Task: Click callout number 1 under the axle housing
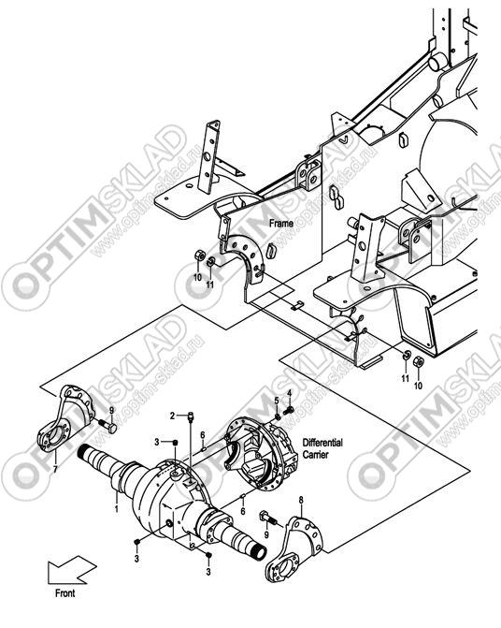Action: [116, 509]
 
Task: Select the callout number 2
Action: [172, 416]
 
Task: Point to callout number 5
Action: [277, 401]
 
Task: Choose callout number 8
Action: [301, 500]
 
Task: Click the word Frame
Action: [281, 223]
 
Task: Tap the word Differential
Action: [322, 443]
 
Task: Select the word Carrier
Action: [316, 455]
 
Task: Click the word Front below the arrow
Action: [65, 593]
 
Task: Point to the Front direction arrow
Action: [72, 570]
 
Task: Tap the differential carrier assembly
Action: [261, 452]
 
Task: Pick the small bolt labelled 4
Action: [288, 411]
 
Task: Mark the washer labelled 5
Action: [277, 417]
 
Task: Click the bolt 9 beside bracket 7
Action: [107, 425]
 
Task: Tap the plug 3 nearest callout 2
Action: [175, 442]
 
